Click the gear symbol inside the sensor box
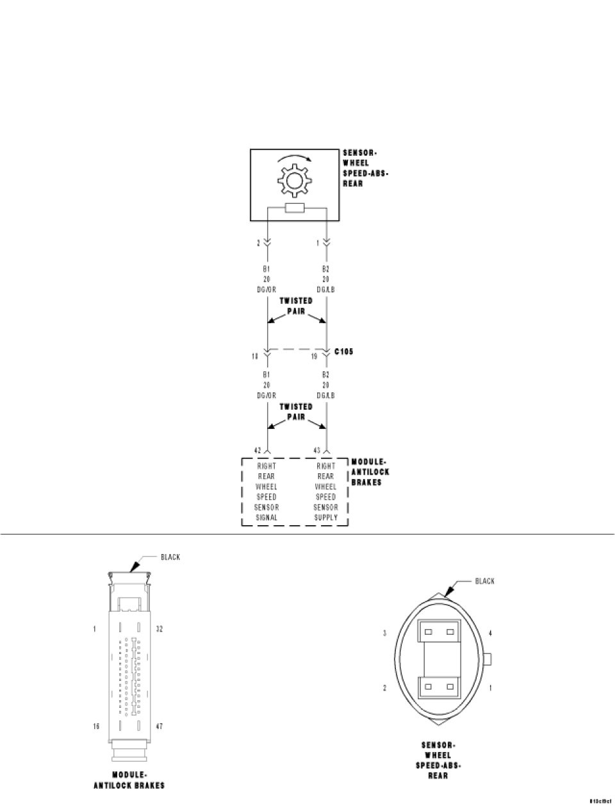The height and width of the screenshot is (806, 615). coord(294,181)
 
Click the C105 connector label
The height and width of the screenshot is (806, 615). coord(344,352)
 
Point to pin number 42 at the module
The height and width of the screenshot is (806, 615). coord(257,450)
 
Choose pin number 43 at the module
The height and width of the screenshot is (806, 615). coord(317,450)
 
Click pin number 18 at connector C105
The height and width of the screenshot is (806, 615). coord(255,355)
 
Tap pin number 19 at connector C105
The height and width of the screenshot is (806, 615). coord(315,355)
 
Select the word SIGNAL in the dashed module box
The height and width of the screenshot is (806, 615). coord(266,517)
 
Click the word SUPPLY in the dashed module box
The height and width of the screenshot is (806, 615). coord(325,517)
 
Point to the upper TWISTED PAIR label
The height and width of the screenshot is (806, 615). coord(296,306)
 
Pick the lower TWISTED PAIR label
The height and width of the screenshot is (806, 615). coord(296,412)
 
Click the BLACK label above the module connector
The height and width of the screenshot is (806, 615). coord(170,557)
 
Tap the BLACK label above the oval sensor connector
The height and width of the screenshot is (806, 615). coord(485,581)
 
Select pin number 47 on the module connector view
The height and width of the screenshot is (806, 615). coord(160,726)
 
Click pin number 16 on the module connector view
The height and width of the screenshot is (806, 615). coord(96,726)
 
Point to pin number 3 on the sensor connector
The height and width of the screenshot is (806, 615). coord(384,634)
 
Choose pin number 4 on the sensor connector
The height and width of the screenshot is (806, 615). coord(491,634)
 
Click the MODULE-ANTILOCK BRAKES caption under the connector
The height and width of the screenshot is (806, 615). coord(129,780)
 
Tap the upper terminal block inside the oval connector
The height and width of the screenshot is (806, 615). coord(439,632)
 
